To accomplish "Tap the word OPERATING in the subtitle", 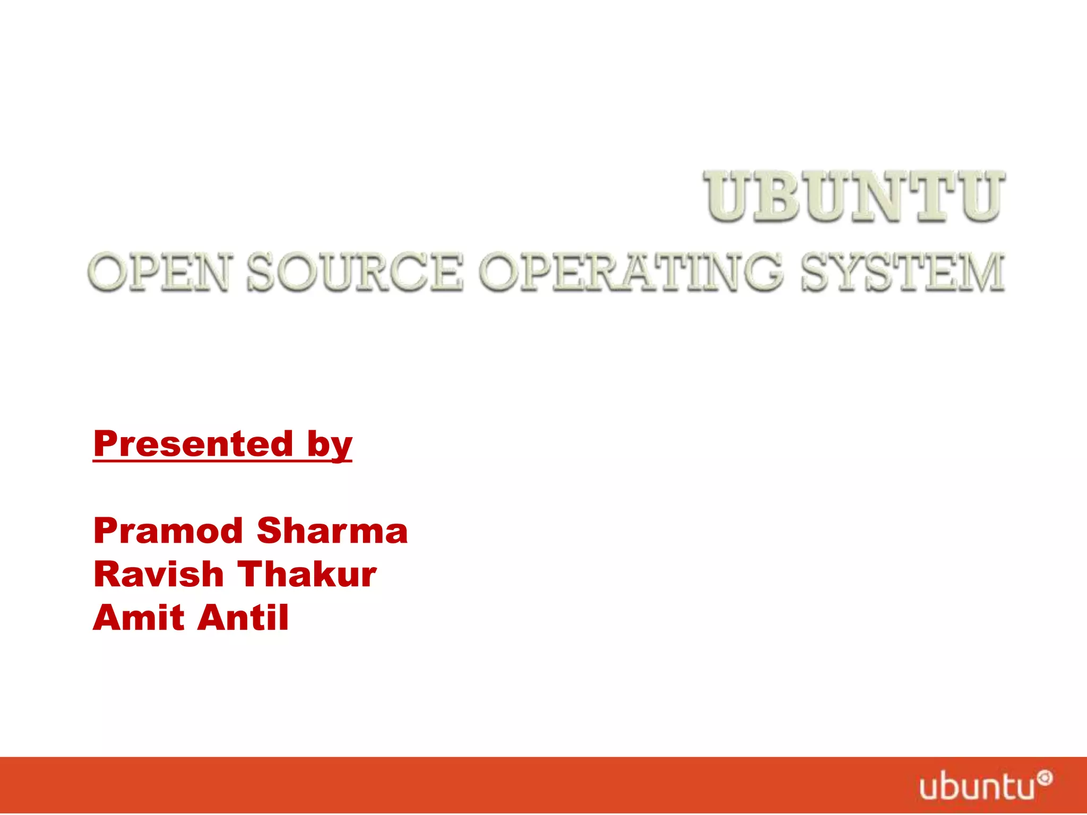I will click(631, 272).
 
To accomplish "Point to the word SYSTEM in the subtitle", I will click(902, 272).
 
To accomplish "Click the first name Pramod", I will click(168, 531).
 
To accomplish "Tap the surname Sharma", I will click(332, 531).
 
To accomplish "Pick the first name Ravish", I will click(159, 574).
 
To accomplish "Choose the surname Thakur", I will click(307, 574).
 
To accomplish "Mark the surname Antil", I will click(245, 618).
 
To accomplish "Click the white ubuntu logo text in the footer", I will click(977, 787).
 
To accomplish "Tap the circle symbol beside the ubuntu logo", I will click(1045, 778).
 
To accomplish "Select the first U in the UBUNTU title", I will click(728, 196).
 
